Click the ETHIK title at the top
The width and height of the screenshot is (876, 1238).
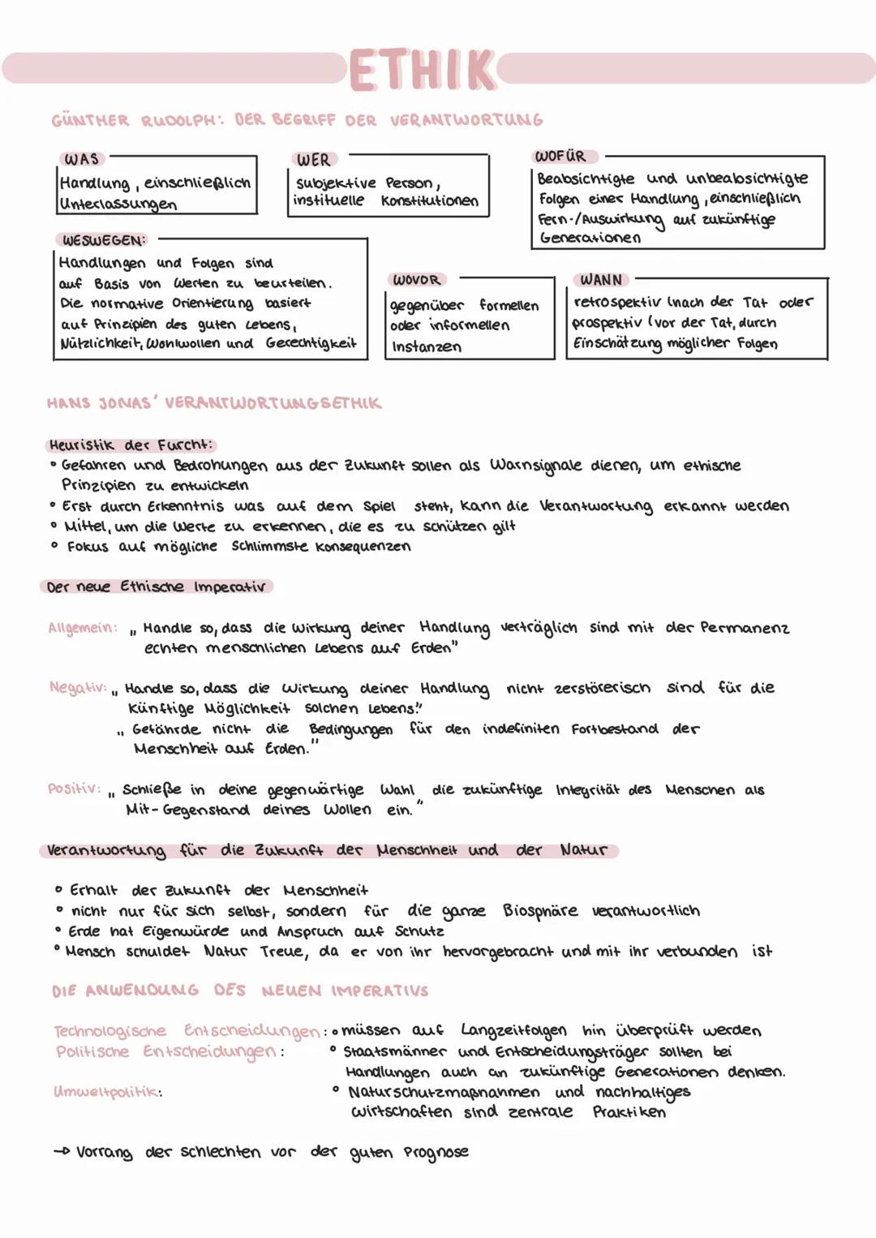pos(422,70)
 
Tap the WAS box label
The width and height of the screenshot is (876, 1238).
pos(81,159)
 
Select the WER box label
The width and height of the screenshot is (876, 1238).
pos(313,160)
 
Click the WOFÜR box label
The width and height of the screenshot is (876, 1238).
pos(560,156)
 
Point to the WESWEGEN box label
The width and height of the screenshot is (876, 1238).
pos(104,240)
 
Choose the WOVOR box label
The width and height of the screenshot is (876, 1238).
pos(416,280)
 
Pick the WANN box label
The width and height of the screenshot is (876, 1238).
pos(601,280)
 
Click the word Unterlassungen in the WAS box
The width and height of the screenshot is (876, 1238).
pos(118,204)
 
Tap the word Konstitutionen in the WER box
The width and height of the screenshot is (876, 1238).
pos(430,200)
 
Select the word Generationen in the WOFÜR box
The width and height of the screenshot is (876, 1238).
pos(590,239)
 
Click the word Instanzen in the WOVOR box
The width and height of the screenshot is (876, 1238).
pos(427,347)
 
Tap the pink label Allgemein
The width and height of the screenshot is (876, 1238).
pos(82,628)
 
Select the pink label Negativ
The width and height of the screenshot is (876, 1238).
pos(78,688)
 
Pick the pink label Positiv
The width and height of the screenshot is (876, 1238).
pos(74,789)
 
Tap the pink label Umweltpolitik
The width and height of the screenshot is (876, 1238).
pos(107,1092)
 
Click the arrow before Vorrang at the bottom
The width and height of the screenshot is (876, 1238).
pos(62,1152)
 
